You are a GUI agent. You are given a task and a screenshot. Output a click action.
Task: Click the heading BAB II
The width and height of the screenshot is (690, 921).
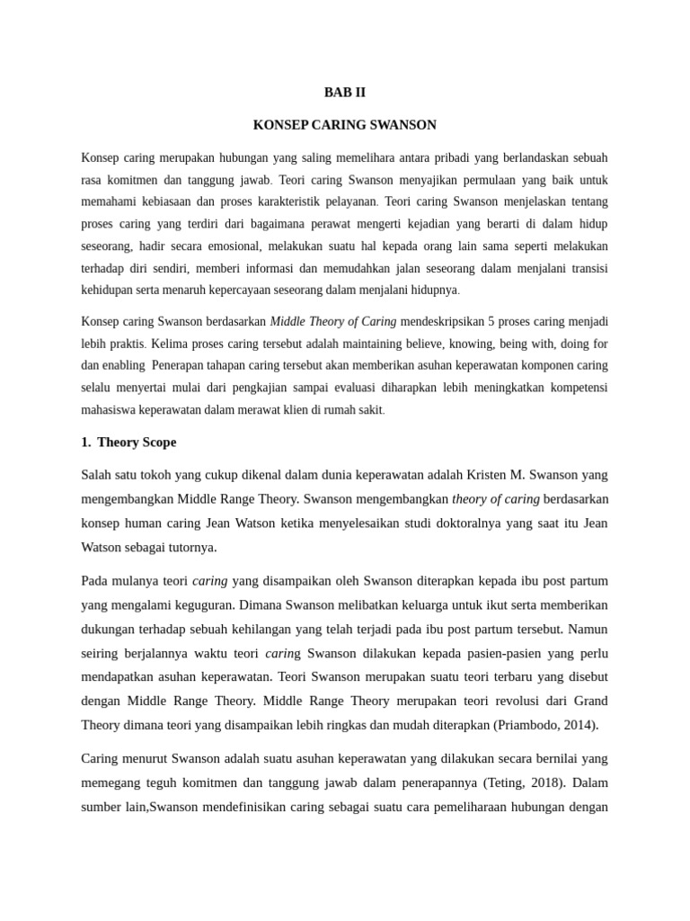pyautogui.click(x=345, y=92)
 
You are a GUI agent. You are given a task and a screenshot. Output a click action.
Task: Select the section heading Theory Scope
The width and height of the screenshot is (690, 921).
pyautogui.click(x=137, y=442)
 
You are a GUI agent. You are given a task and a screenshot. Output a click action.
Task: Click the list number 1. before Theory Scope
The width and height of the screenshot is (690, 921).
pyautogui.click(x=86, y=442)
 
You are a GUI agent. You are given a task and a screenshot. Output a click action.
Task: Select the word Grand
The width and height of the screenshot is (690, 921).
pyautogui.click(x=590, y=701)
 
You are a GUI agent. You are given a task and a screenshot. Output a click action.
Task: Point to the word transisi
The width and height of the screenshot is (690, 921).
pyautogui.click(x=588, y=267)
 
